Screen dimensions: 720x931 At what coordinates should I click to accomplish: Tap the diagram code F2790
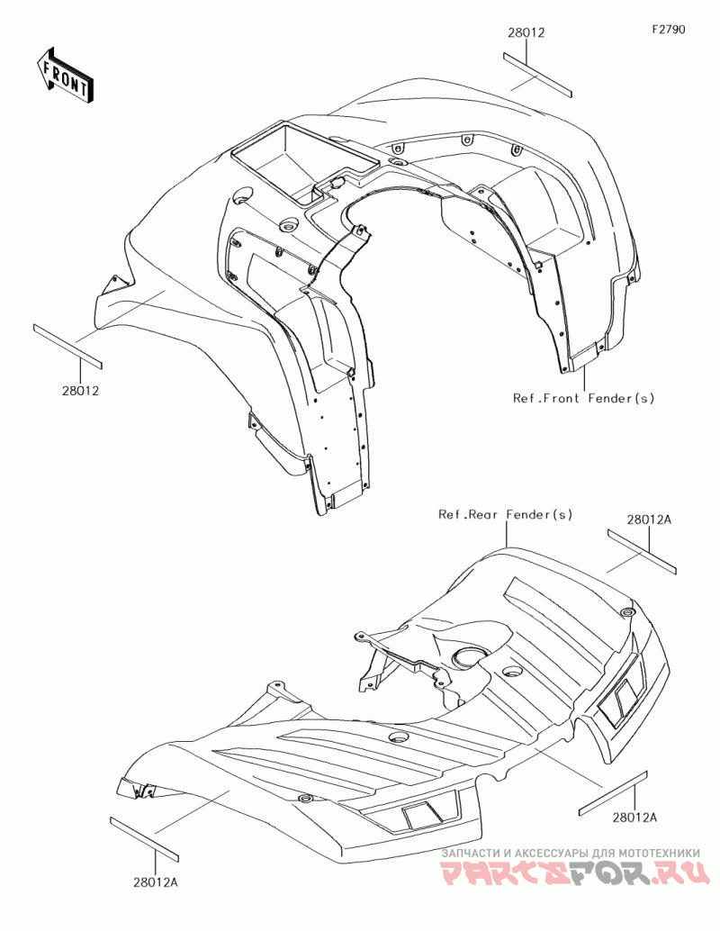click(x=669, y=29)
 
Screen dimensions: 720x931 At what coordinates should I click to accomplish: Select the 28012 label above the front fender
click(x=526, y=32)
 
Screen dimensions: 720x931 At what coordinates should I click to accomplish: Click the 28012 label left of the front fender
click(x=80, y=391)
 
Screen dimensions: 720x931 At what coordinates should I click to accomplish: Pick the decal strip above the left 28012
click(x=67, y=346)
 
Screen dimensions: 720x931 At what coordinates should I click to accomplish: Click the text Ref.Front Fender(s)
click(x=584, y=397)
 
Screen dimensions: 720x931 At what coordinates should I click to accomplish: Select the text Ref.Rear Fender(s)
click(x=505, y=514)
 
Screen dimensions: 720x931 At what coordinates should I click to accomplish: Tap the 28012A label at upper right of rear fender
click(x=650, y=520)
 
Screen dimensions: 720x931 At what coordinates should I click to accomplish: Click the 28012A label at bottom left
click(x=157, y=882)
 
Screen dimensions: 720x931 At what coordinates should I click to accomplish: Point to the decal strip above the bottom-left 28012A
click(x=144, y=836)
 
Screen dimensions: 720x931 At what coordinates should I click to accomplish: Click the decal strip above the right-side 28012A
click(x=613, y=792)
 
